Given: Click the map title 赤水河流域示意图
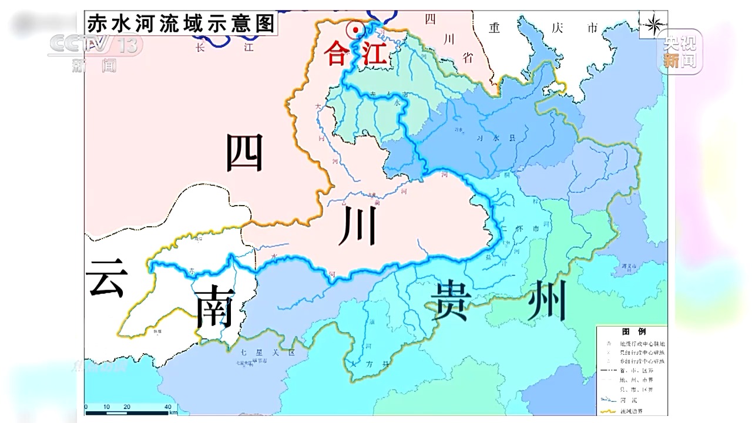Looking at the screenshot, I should tap(181, 23).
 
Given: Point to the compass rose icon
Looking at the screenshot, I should tap(653, 24).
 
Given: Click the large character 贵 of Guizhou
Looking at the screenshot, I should tap(450, 300).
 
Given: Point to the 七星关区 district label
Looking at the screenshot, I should tap(259, 353).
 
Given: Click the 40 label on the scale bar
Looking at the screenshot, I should tap(167, 407).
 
